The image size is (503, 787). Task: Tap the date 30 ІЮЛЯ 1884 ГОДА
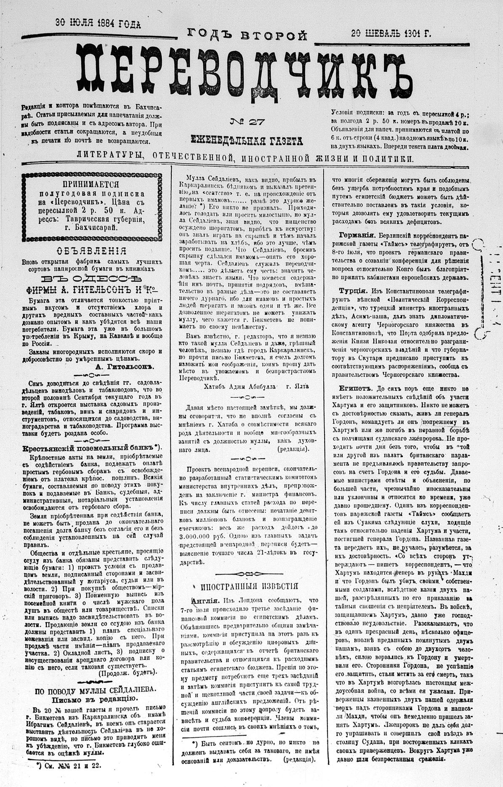pos(98,24)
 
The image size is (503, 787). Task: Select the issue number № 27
pos(247,122)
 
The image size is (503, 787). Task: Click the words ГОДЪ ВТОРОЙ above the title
pos(247,35)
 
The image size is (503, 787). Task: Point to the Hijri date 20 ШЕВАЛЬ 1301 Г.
pos(391,34)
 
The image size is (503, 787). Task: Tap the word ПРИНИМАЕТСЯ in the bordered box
pos(90,184)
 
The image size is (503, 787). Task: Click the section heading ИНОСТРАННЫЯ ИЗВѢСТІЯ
pos(249,587)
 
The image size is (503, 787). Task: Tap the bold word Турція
pos(352,290)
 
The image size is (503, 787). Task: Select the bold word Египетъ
pos(356,388)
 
